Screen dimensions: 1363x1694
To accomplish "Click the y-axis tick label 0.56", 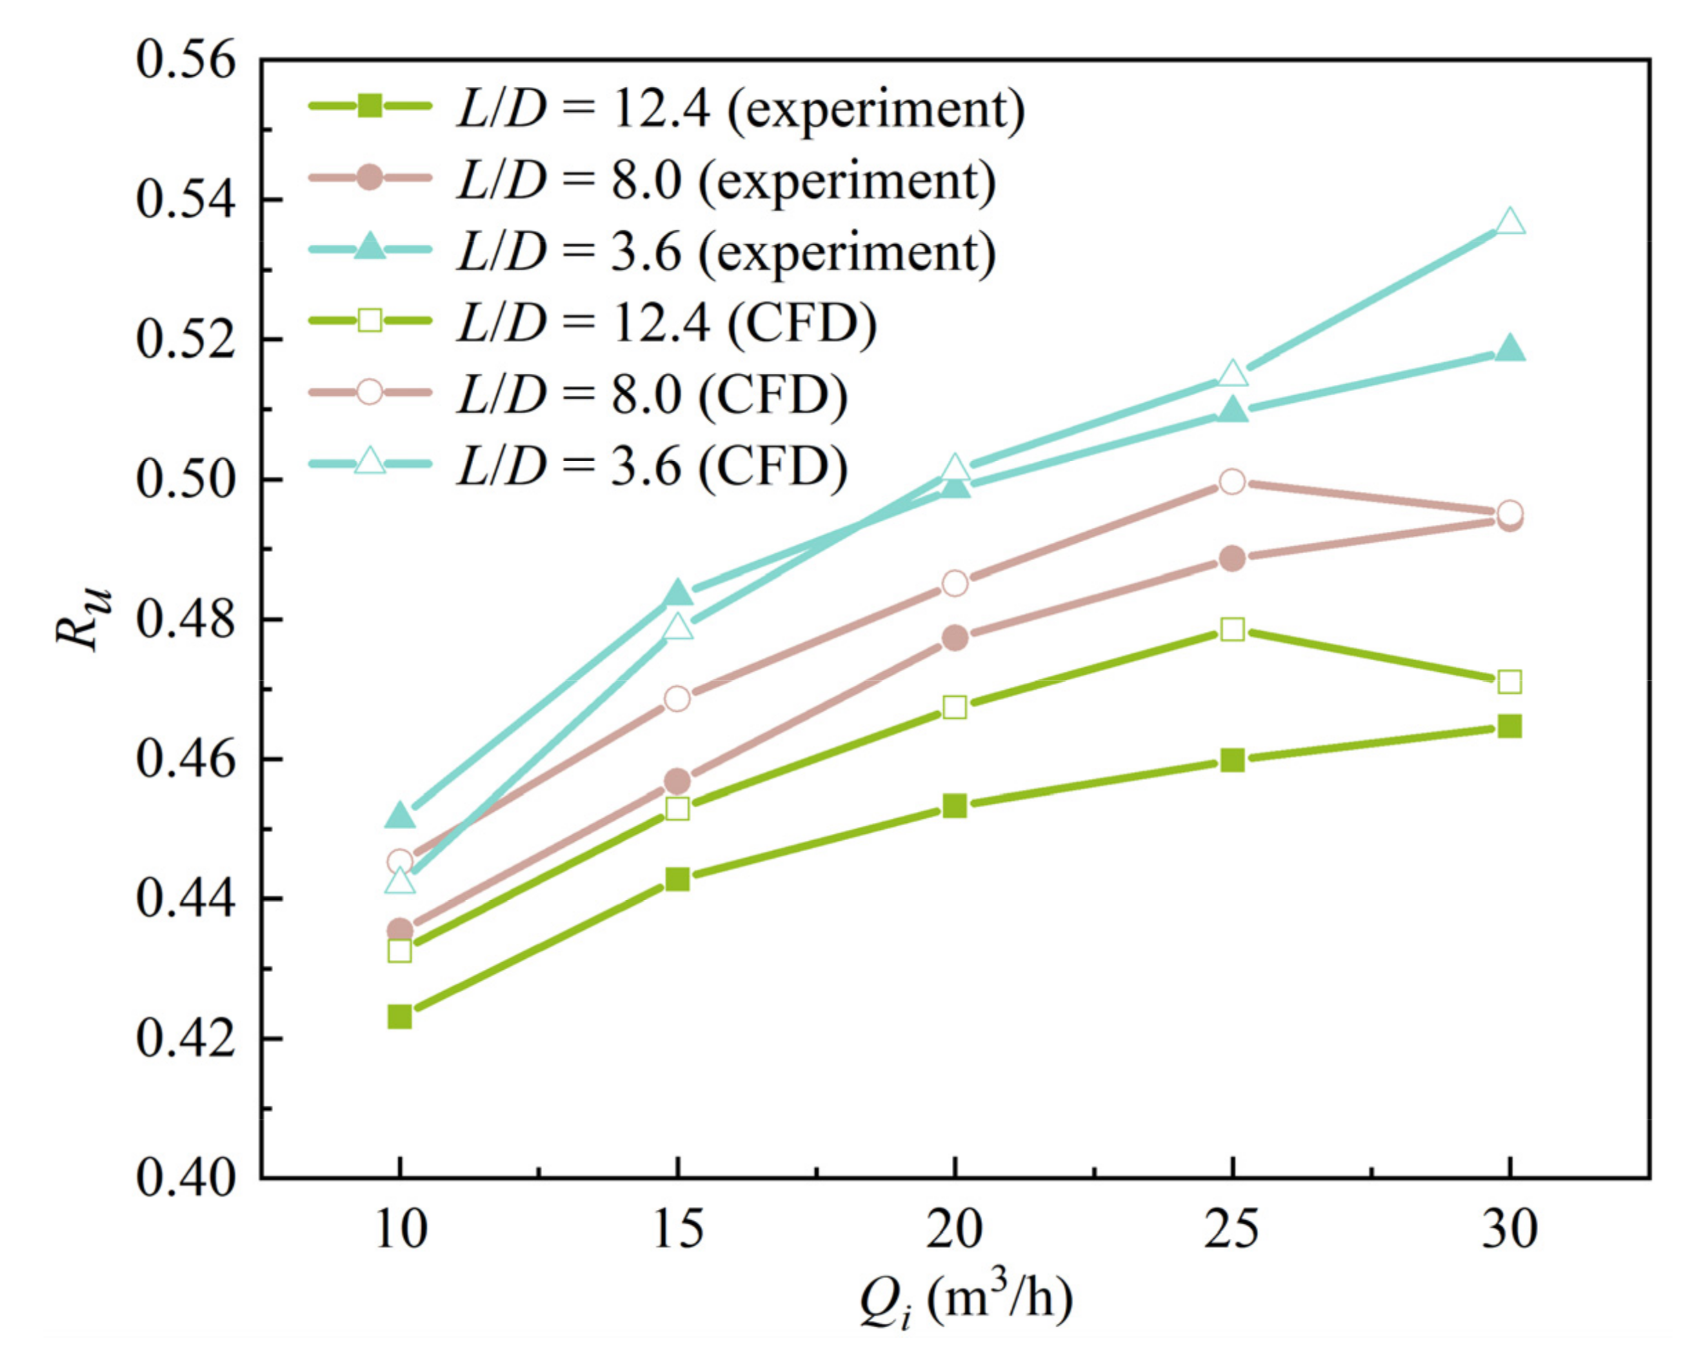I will pos(186,60).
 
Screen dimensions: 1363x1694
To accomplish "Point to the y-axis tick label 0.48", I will pos(186,620).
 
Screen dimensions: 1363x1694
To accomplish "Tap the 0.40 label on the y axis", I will pos(186,1178).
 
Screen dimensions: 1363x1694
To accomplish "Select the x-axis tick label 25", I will pos(1231,1231).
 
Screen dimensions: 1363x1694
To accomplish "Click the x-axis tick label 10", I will pos(401,1231).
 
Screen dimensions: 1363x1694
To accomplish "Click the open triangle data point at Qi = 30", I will pos(1509,223).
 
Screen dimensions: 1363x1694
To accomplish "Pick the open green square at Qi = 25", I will pos(1232,629).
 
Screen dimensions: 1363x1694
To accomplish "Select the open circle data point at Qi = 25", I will pos(1232,481).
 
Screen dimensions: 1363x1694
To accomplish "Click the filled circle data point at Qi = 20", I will pos(955,638).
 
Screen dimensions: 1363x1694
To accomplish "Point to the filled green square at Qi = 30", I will pos(1509,726).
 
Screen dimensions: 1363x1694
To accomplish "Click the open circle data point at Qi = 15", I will pos(677,698).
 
